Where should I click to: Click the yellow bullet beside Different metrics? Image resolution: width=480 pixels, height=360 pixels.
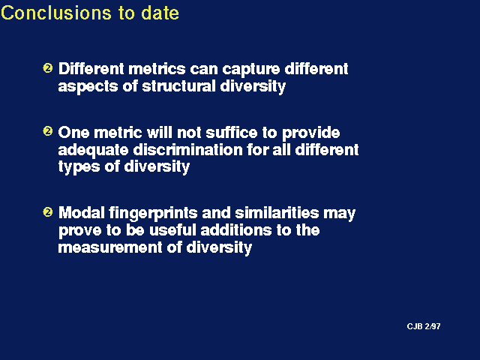coord(48,67)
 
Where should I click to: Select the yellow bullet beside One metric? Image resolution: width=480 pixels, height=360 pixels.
coord(48,131)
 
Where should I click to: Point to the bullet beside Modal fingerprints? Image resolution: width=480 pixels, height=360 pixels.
coord(48,211)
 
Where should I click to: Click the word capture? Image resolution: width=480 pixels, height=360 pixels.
coord(251,70)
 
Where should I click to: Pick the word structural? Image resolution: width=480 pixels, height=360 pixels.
coord(178,86)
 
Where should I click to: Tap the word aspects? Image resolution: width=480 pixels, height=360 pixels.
coord(88,87)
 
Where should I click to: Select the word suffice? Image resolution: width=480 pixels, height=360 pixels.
coord(232,133)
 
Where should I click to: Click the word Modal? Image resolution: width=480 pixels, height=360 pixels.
coord(82,213)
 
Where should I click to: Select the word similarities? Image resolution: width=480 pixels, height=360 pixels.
coord(277,213)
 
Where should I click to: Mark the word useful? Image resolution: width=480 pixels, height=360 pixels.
coord(172,230)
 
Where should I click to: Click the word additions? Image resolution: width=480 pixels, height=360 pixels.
coord(235,230)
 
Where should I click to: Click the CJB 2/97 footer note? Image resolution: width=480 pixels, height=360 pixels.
coord(424,327)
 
